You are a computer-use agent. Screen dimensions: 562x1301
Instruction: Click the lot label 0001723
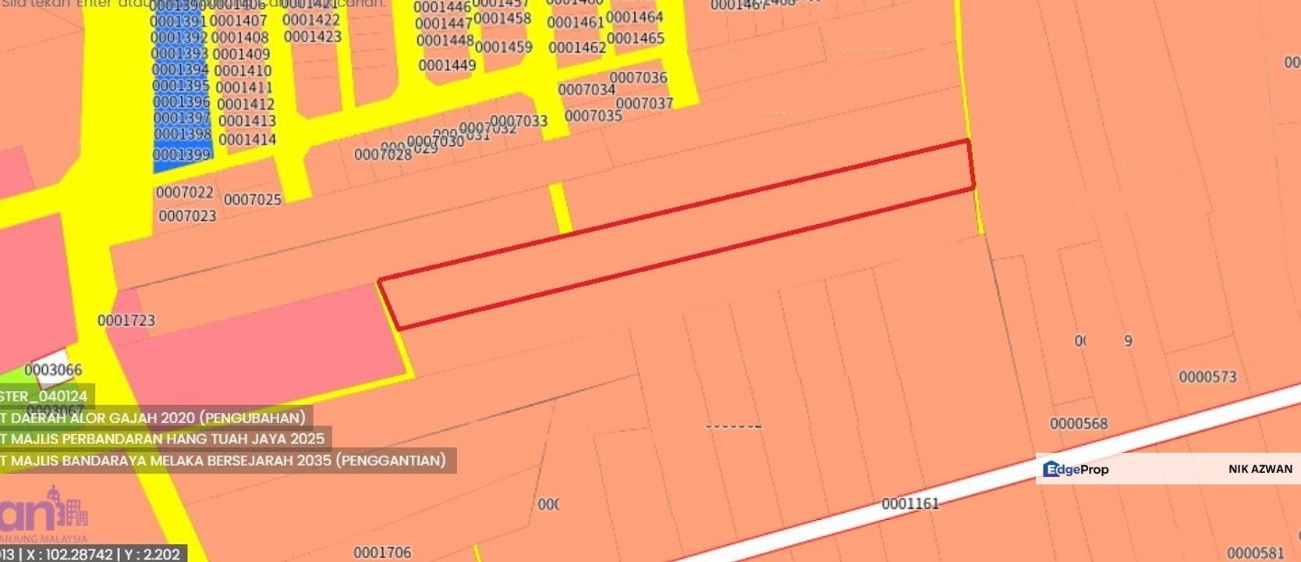click(x=126, y=320)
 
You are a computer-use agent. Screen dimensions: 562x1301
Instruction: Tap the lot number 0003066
click(x=53, y=369)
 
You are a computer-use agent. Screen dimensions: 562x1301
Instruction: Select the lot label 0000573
click(x=1207, y=377)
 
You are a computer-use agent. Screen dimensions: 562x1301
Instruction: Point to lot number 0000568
click(x=1079, y=424)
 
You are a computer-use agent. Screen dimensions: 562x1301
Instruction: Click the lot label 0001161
click(x=910, y=503)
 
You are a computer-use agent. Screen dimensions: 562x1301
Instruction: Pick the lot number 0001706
click(x=382, y=553)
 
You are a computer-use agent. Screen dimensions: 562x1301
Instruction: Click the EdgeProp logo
click(x=1076, y=469)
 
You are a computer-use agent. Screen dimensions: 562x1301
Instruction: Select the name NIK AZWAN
click(x=1260, y=469)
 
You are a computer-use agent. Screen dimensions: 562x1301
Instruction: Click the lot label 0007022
click(x=185, y=192)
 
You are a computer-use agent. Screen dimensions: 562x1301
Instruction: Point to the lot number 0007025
click(x=253, y=200)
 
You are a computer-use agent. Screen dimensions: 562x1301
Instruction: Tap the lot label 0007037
click(x=644, y=104)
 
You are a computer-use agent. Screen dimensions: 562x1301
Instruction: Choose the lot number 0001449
click(x=447, y=66)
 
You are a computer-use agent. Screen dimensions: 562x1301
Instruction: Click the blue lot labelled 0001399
click(x=182, y=155)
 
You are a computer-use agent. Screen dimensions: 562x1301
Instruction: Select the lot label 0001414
click(x=247, y=140)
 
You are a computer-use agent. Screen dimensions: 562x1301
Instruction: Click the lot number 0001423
click(x=313, y=37)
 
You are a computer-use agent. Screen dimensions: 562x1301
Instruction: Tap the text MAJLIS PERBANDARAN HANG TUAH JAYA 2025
click(x=167, y=439)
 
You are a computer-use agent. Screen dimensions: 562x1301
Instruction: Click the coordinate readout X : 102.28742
click(x=69, y=554)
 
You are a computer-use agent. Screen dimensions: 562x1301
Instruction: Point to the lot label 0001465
click(x=636, y=38)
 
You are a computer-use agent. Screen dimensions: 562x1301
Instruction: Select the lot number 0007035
click(x=594, y=116)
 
